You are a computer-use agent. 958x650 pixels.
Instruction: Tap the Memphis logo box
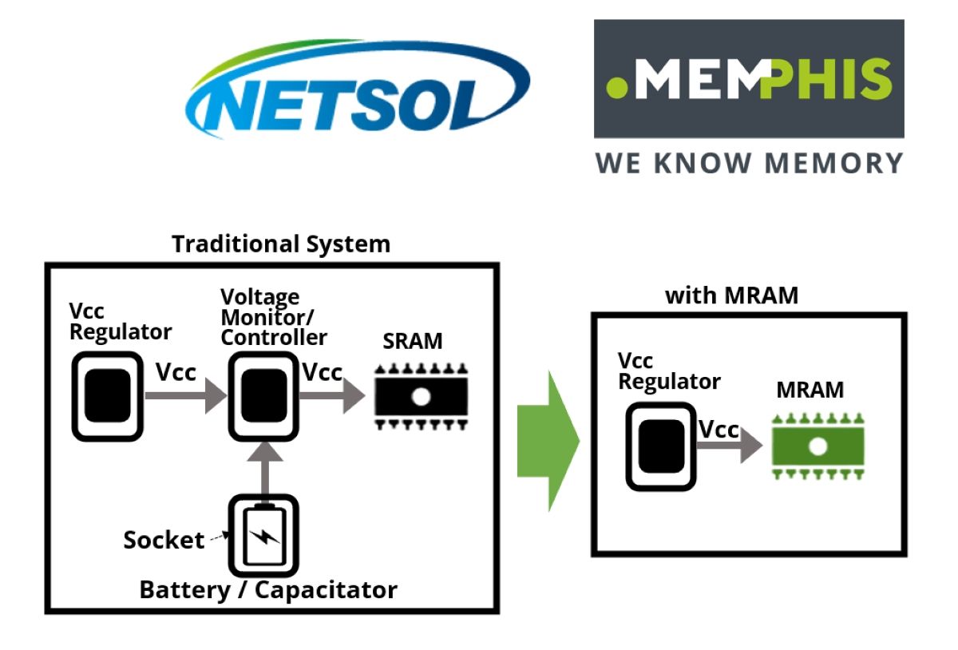(x=749, y=78)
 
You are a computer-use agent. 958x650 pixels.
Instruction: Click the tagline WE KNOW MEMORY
(x=749, y=162)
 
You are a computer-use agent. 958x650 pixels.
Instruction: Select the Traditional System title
(x=281, y=244)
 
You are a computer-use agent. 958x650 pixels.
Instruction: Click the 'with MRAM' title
(x=731, y=295)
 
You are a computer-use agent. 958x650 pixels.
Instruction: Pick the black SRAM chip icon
(x=422, y=396)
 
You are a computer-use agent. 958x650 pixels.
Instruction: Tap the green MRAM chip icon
(x=817, y=446)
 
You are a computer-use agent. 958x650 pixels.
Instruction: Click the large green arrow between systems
(x=548, y=441)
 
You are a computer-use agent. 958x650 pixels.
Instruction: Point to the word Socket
(x=164, y=540)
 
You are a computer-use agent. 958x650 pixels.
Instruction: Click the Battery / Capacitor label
(x=268, y=590)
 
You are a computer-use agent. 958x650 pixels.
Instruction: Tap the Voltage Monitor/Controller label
(x=273, y=317)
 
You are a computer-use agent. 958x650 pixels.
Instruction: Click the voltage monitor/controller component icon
(x=263, y=396)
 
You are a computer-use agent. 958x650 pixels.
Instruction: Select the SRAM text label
(x=412, y=341)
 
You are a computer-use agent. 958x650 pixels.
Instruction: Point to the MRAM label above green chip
(x=810, y=390)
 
